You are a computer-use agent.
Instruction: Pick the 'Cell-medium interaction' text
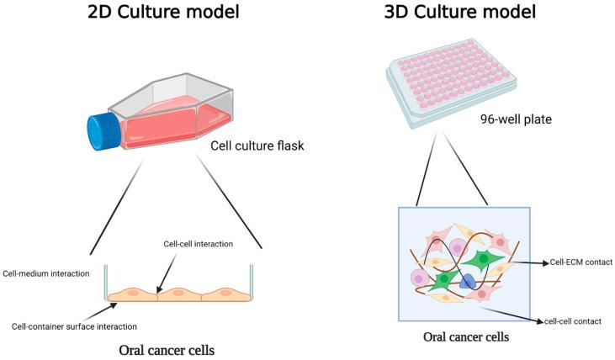[46, 273]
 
